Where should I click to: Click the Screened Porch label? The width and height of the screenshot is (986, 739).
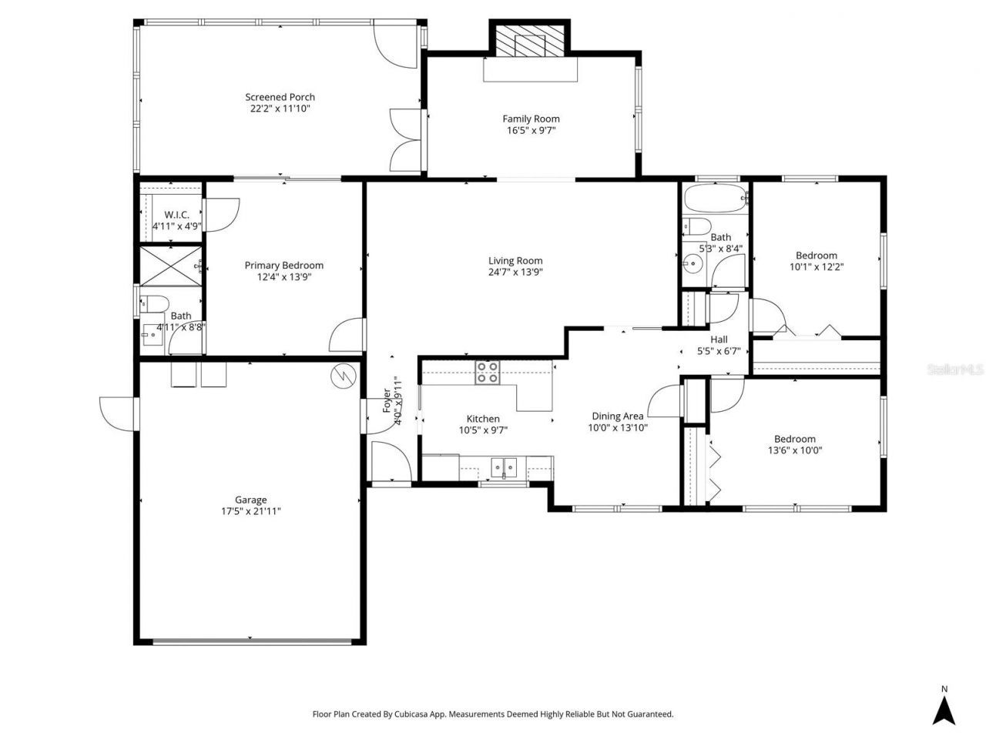click(280, 97)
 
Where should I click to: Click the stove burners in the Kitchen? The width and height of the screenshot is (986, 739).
click(487, 373)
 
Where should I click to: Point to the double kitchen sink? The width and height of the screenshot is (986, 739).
click(504, 466)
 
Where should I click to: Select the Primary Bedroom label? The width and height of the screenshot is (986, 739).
click(283, 266)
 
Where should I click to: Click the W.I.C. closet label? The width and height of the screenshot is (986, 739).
click(176, 215)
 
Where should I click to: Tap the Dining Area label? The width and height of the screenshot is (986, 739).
click(617, 416)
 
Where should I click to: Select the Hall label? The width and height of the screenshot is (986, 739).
click(718, 339)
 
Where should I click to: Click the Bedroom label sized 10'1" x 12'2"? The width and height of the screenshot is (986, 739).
click(816, 256)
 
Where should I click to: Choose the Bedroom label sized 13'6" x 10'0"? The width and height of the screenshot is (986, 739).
click(794, 439)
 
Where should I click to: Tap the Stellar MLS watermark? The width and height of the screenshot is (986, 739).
click(954, 370)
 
